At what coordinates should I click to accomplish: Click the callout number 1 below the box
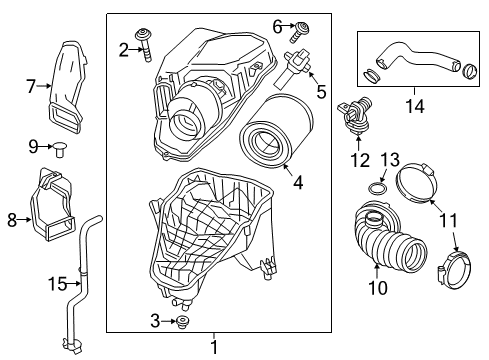coord(213,347)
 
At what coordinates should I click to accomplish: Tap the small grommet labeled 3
coord(183,322)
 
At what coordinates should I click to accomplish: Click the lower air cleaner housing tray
coord(213,240)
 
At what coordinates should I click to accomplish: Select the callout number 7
coord(31,87)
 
